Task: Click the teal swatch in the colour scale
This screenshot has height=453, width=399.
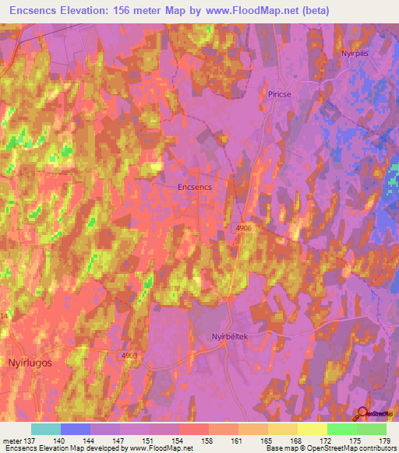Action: (x=46, y=429)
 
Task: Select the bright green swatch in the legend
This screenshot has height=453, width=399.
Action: (x=341, y=429)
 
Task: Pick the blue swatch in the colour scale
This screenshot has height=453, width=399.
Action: (x=76, y=429)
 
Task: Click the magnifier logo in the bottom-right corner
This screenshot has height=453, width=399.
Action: (x=364, y=414)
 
